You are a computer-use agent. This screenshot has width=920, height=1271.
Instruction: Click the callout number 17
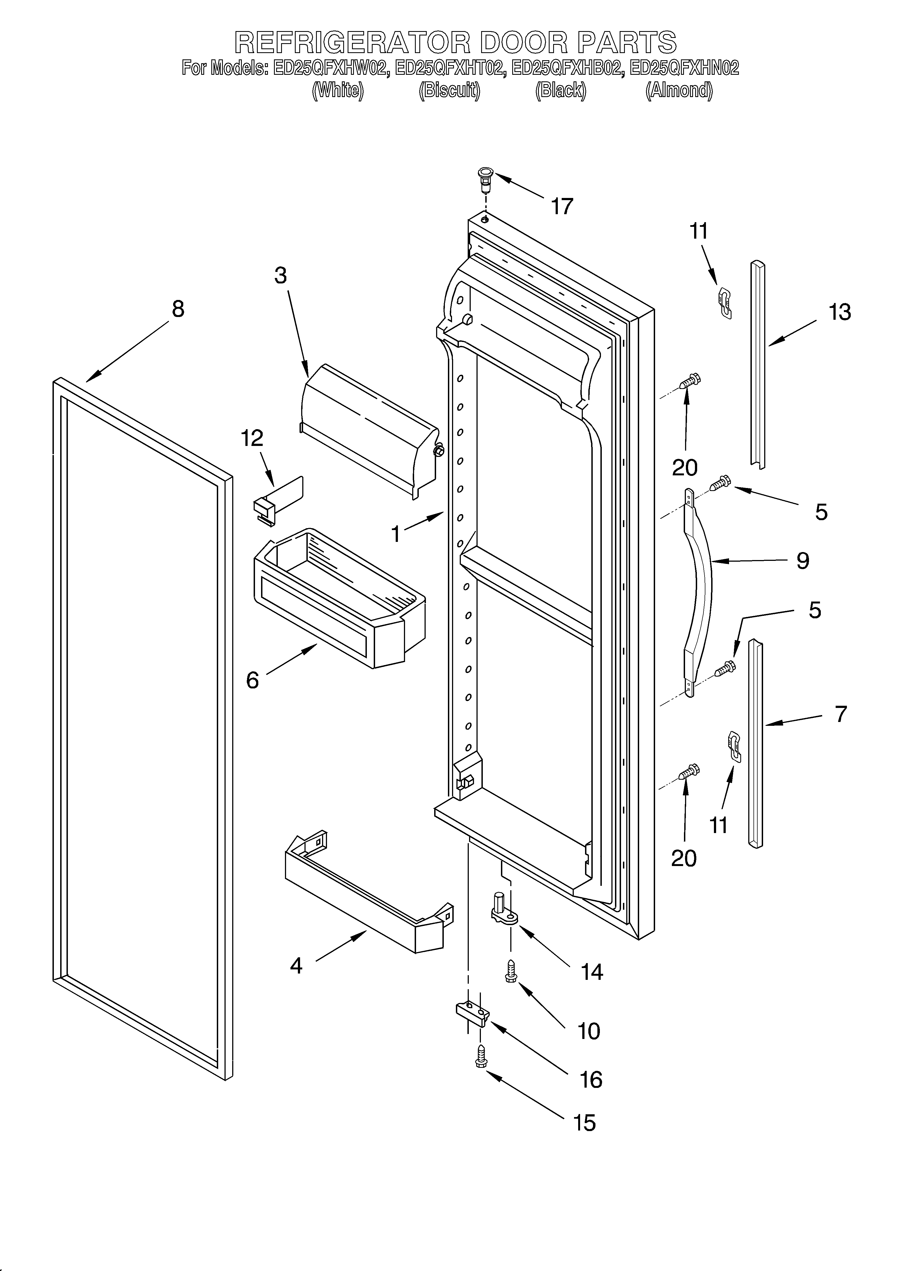point(562,206)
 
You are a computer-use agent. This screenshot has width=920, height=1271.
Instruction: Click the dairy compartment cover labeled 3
point(370,429)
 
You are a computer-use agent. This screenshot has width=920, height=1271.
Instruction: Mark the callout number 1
point(396,535)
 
